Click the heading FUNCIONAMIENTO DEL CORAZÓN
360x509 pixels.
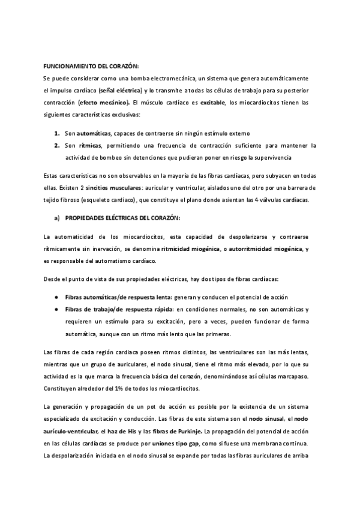[x=91, y=67]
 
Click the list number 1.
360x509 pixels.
[x=56, y=133]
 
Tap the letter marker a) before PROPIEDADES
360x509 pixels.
[x=57, y=217]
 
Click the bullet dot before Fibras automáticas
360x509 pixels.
[x=56, y=298]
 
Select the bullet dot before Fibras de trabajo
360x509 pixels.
[x=56, y=309]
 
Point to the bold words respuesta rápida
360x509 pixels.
[x=142, y=309]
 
